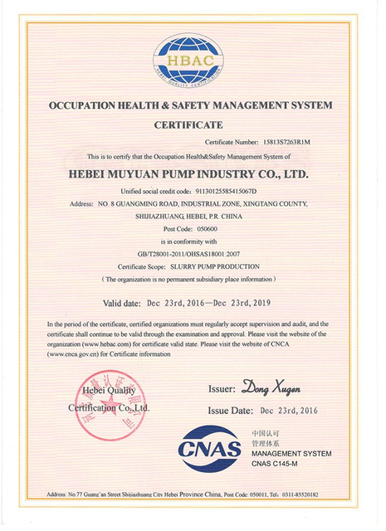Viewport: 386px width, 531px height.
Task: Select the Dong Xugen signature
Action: point(271,387)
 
